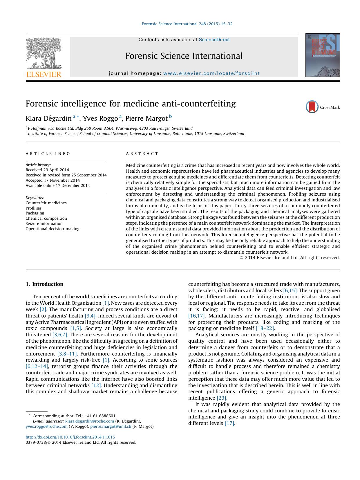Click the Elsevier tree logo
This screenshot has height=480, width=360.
[44, 53]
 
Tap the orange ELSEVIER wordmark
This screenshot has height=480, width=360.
[44, 74]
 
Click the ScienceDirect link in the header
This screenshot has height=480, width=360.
[214, 40]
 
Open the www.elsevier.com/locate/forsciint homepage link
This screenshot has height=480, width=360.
[211, 73]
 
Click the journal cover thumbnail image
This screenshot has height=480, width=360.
[322, 55]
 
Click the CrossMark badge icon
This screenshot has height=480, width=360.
[312, 107]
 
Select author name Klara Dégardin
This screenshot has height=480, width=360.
[48, 118]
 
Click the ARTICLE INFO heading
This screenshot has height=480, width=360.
[48, 154]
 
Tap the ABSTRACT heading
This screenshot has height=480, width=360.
[142, 154]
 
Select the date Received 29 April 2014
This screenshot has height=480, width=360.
[47, 170]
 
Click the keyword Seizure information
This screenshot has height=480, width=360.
[44, 223]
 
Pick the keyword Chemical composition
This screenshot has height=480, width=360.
[46, 218]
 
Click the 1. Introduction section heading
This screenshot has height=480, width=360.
[44, 284]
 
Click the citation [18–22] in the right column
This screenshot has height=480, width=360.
[265, 328]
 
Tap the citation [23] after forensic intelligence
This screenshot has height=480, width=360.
[222, 398]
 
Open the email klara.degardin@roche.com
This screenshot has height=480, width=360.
[90, 421]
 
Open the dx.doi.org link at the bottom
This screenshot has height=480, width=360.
[70, 437]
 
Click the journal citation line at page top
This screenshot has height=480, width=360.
[187, 24]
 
